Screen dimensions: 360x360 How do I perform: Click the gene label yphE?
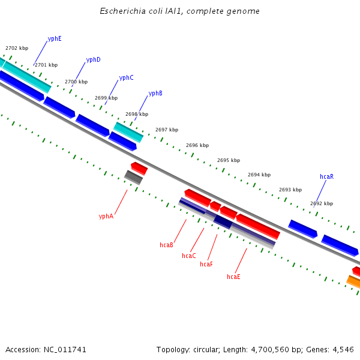55,38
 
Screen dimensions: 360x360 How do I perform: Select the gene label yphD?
93,60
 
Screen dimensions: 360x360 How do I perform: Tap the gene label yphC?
126,78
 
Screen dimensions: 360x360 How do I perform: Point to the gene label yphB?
155,94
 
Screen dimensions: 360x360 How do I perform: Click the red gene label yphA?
106,217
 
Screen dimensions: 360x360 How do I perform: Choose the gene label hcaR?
326,177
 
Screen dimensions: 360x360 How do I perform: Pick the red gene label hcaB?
166,245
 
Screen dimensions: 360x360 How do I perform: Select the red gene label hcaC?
188,256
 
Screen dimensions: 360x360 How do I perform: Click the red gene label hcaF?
206,265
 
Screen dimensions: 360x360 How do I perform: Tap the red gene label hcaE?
233,277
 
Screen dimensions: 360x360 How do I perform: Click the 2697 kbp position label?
167,130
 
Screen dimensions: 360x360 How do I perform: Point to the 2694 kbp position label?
259,175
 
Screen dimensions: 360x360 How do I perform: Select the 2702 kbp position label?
17,48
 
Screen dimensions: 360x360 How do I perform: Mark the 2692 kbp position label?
322,204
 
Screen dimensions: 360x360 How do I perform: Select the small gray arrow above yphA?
133,177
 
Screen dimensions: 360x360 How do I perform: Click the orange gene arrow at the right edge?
354,281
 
